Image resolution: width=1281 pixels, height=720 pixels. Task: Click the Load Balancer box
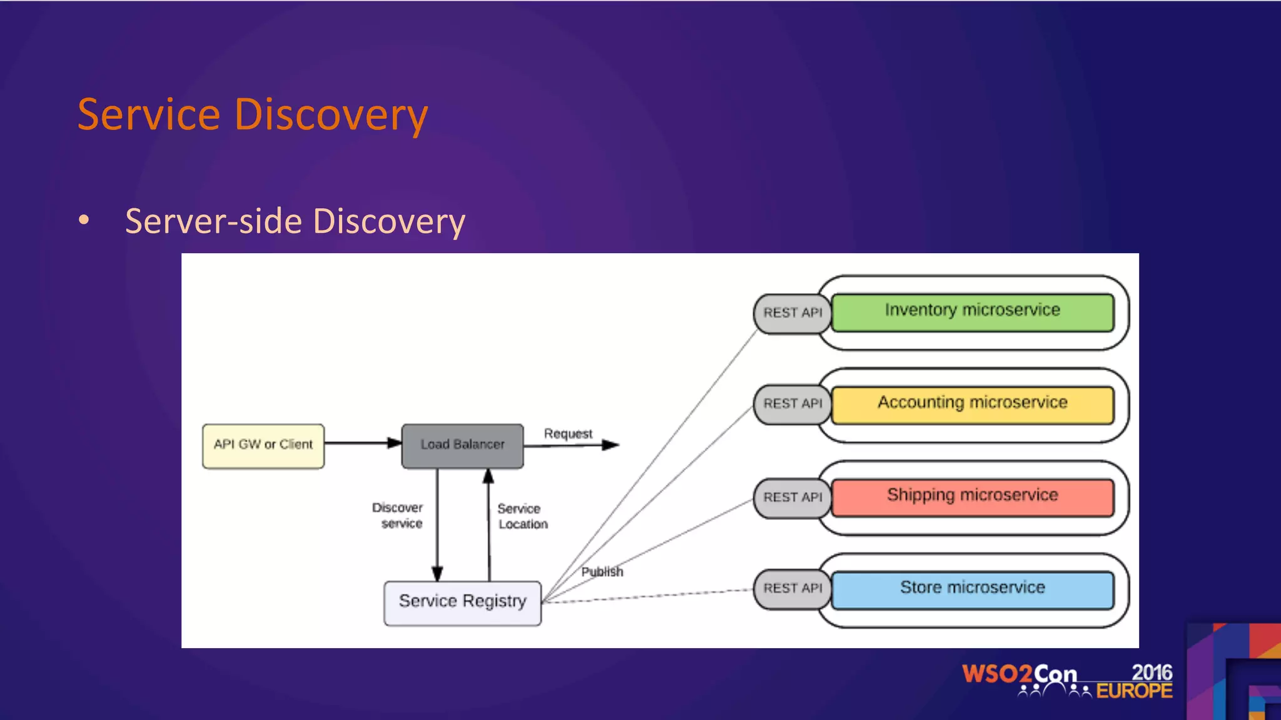(x=462, y=446)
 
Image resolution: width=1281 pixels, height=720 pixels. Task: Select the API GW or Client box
(x=263, y=446)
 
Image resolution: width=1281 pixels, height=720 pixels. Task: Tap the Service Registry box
(x=462, y=602)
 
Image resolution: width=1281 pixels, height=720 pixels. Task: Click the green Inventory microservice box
(x=972, y=312)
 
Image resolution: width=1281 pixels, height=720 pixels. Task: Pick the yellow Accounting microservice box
(x=972, y=404)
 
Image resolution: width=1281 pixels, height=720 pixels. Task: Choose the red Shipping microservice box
(x=972, y=497)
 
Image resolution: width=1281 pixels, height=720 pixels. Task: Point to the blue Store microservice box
(x=972, y=589)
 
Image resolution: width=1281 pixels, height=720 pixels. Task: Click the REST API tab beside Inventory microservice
(x=792, y=313)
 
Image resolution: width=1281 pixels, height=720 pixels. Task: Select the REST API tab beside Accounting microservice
(x=792, y=404)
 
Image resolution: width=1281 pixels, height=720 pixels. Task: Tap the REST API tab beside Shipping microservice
(x=792, y=497)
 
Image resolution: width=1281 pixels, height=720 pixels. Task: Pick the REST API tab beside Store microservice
(x=792, y=589)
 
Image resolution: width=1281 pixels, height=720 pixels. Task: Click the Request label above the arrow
(x=568, y=434)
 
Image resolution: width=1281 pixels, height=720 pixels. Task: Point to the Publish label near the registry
(x=602, y=572)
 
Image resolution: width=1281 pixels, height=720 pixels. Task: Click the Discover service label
(x=398, y=516)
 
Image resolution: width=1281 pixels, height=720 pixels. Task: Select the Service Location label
(x=522, y=516)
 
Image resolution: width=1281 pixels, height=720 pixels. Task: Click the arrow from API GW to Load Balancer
(x=362, y=443)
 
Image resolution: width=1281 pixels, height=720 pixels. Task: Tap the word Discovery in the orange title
(x=331, y=116)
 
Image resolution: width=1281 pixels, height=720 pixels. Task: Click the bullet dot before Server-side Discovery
(x=84, y=220)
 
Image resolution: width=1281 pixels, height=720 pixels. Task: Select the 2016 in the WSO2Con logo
(x=1152, y=672)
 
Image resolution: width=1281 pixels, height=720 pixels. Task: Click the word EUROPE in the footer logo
(x=1134, y=691)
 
